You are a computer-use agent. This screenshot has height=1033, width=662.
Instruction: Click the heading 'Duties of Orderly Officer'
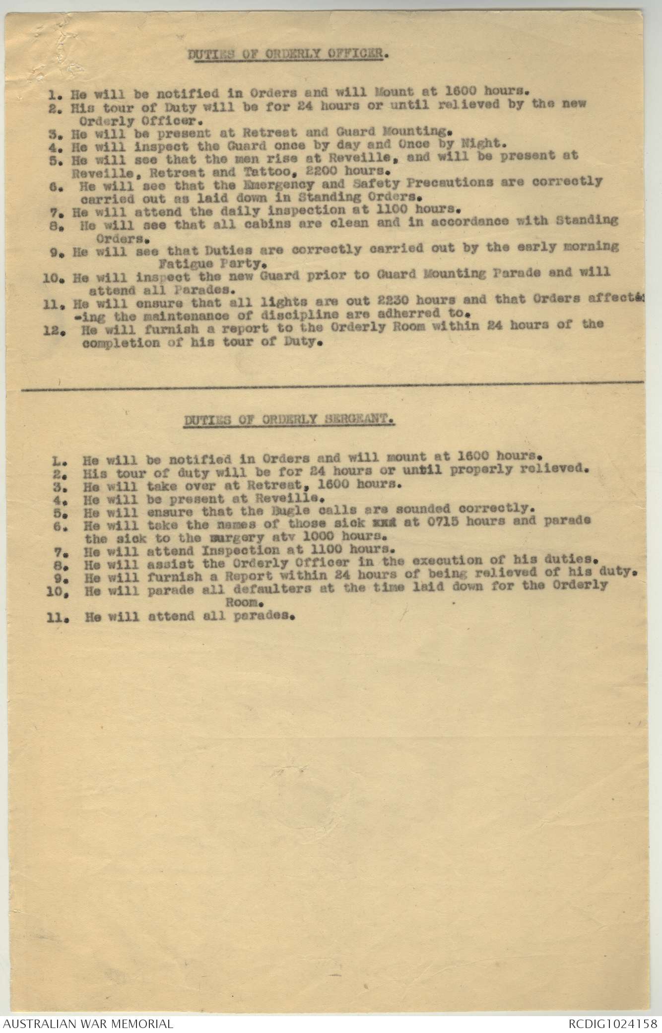click(287, 53)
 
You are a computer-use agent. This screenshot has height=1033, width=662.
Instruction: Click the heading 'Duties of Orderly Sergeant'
click(290, 420)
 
